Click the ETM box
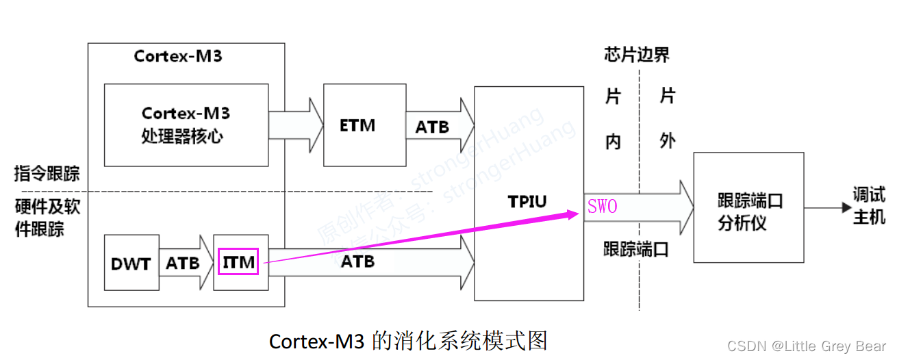[x=357, y=125]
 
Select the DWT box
[x=130, y=263]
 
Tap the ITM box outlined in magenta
[x=238, y=262]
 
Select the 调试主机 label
[x=868, y=206]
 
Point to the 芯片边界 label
[x=637, y=55]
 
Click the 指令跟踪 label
[x=47, y=173]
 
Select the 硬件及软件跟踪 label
[x=47, y=217]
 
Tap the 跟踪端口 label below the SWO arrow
[x=635, y=249]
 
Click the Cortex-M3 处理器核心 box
[x=186, y=125]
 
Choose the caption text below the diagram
[x=408, y=341]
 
